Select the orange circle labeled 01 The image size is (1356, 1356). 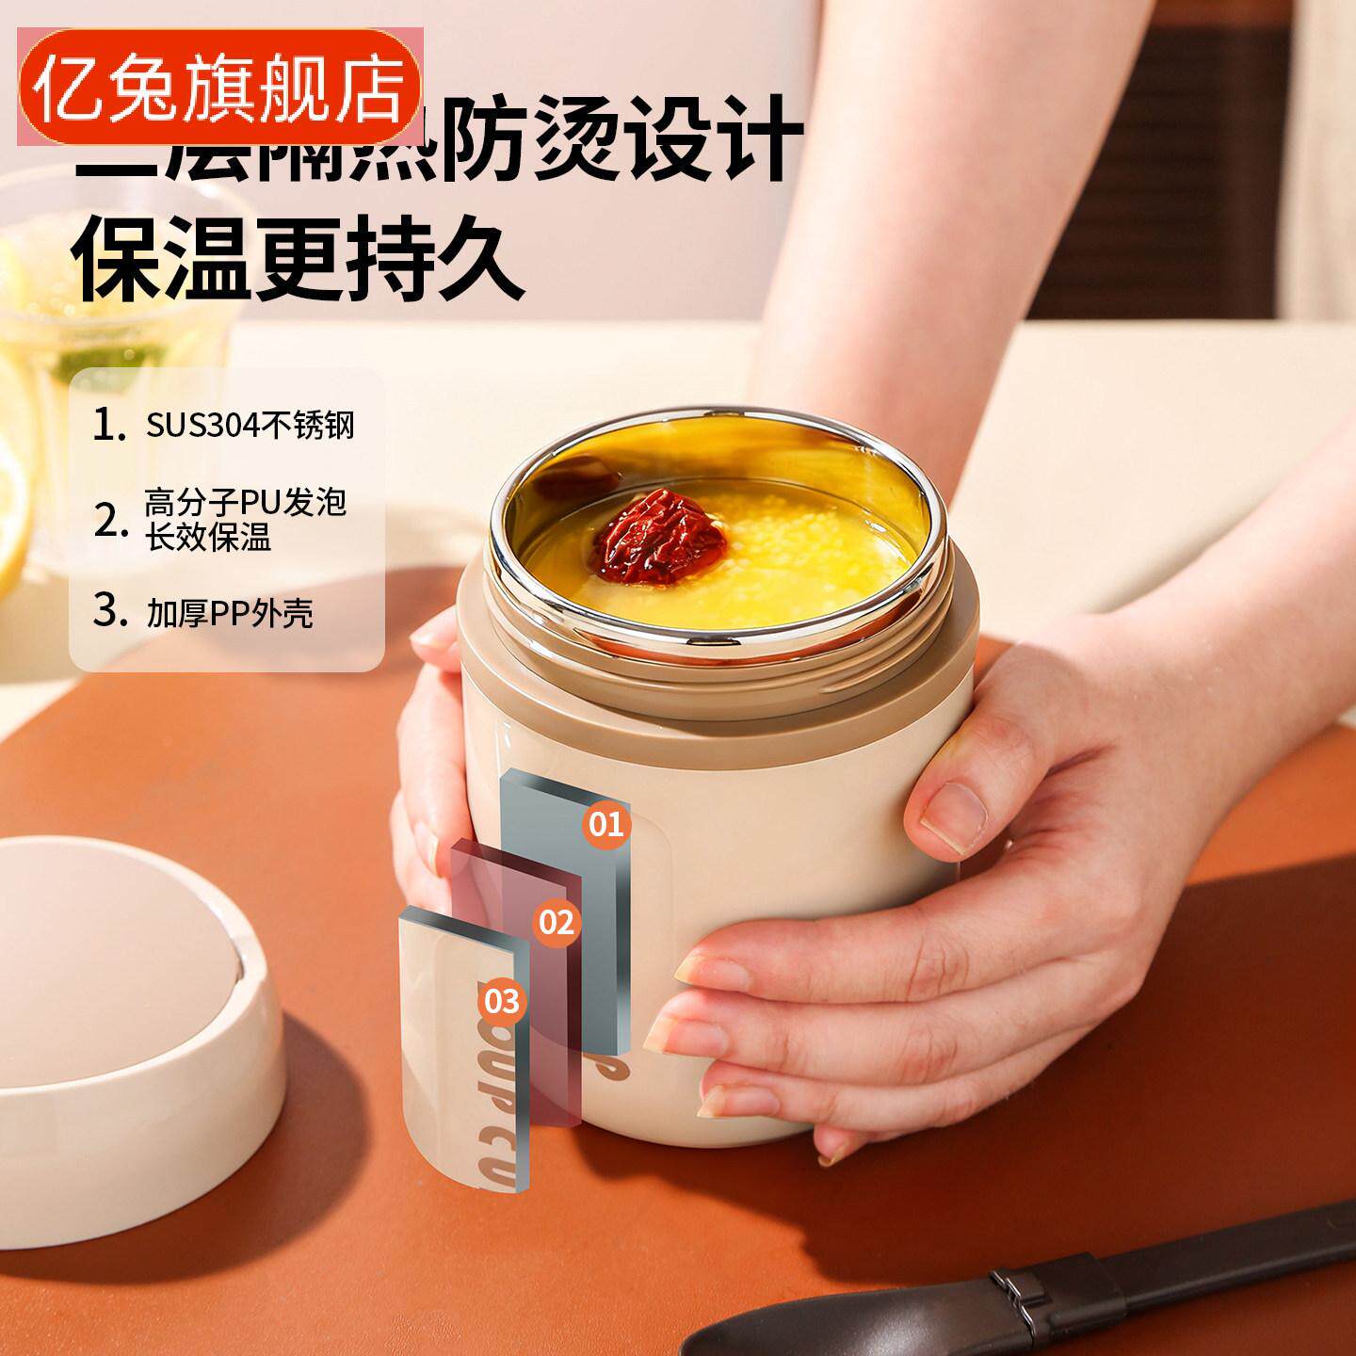(605, 824)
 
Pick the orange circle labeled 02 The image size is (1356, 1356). (556, 921)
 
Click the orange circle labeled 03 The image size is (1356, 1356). (504, 1000)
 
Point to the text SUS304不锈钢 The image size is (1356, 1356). (250, 426)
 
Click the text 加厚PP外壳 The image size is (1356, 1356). (229, 614)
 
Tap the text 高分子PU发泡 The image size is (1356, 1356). (246, 502)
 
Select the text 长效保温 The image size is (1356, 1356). (207, 539)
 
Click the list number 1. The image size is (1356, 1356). (109, 426)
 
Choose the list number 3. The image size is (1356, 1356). (109, 612)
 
